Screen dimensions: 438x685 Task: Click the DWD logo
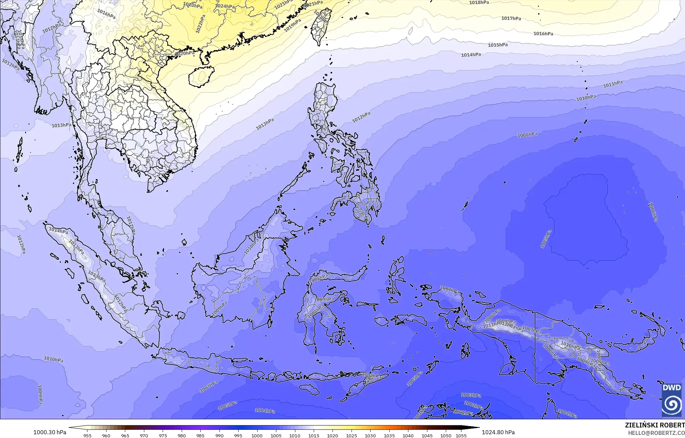671,400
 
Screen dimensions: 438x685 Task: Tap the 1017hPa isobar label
511,18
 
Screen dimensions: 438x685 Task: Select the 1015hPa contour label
498,45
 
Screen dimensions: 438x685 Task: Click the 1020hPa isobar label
185,53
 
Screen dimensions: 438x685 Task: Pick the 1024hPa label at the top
225,6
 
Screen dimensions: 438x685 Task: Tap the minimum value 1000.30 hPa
50,432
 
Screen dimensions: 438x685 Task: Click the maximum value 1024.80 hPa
498,432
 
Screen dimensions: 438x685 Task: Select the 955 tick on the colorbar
87,436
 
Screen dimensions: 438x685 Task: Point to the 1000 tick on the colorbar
257,436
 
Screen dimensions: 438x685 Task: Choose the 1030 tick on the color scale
370,436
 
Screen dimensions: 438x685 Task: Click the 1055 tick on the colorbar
461,436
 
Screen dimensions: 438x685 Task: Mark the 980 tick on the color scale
182,436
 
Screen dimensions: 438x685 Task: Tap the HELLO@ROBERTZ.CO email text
656,433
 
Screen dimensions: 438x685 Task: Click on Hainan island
201,76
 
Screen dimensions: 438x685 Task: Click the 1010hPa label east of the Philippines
586,98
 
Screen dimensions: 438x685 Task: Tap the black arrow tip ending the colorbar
476,428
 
